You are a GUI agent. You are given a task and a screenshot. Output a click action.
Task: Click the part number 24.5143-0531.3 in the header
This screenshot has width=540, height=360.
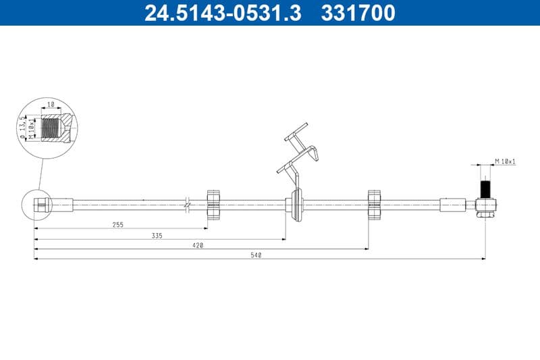[223, 13]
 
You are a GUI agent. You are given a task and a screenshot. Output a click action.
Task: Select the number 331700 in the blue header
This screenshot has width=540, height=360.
[357, 13]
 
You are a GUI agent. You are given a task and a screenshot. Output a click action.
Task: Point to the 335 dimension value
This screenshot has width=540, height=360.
[157, 235]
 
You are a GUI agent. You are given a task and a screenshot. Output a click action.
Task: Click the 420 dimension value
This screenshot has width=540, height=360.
[198, 245]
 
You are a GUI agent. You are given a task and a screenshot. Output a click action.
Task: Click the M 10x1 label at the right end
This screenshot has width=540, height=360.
[505, 161]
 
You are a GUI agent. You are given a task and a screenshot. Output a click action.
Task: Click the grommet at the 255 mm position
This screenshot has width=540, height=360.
[214, 204]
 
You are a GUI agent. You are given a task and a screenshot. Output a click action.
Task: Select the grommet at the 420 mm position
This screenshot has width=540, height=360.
[375, 204]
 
